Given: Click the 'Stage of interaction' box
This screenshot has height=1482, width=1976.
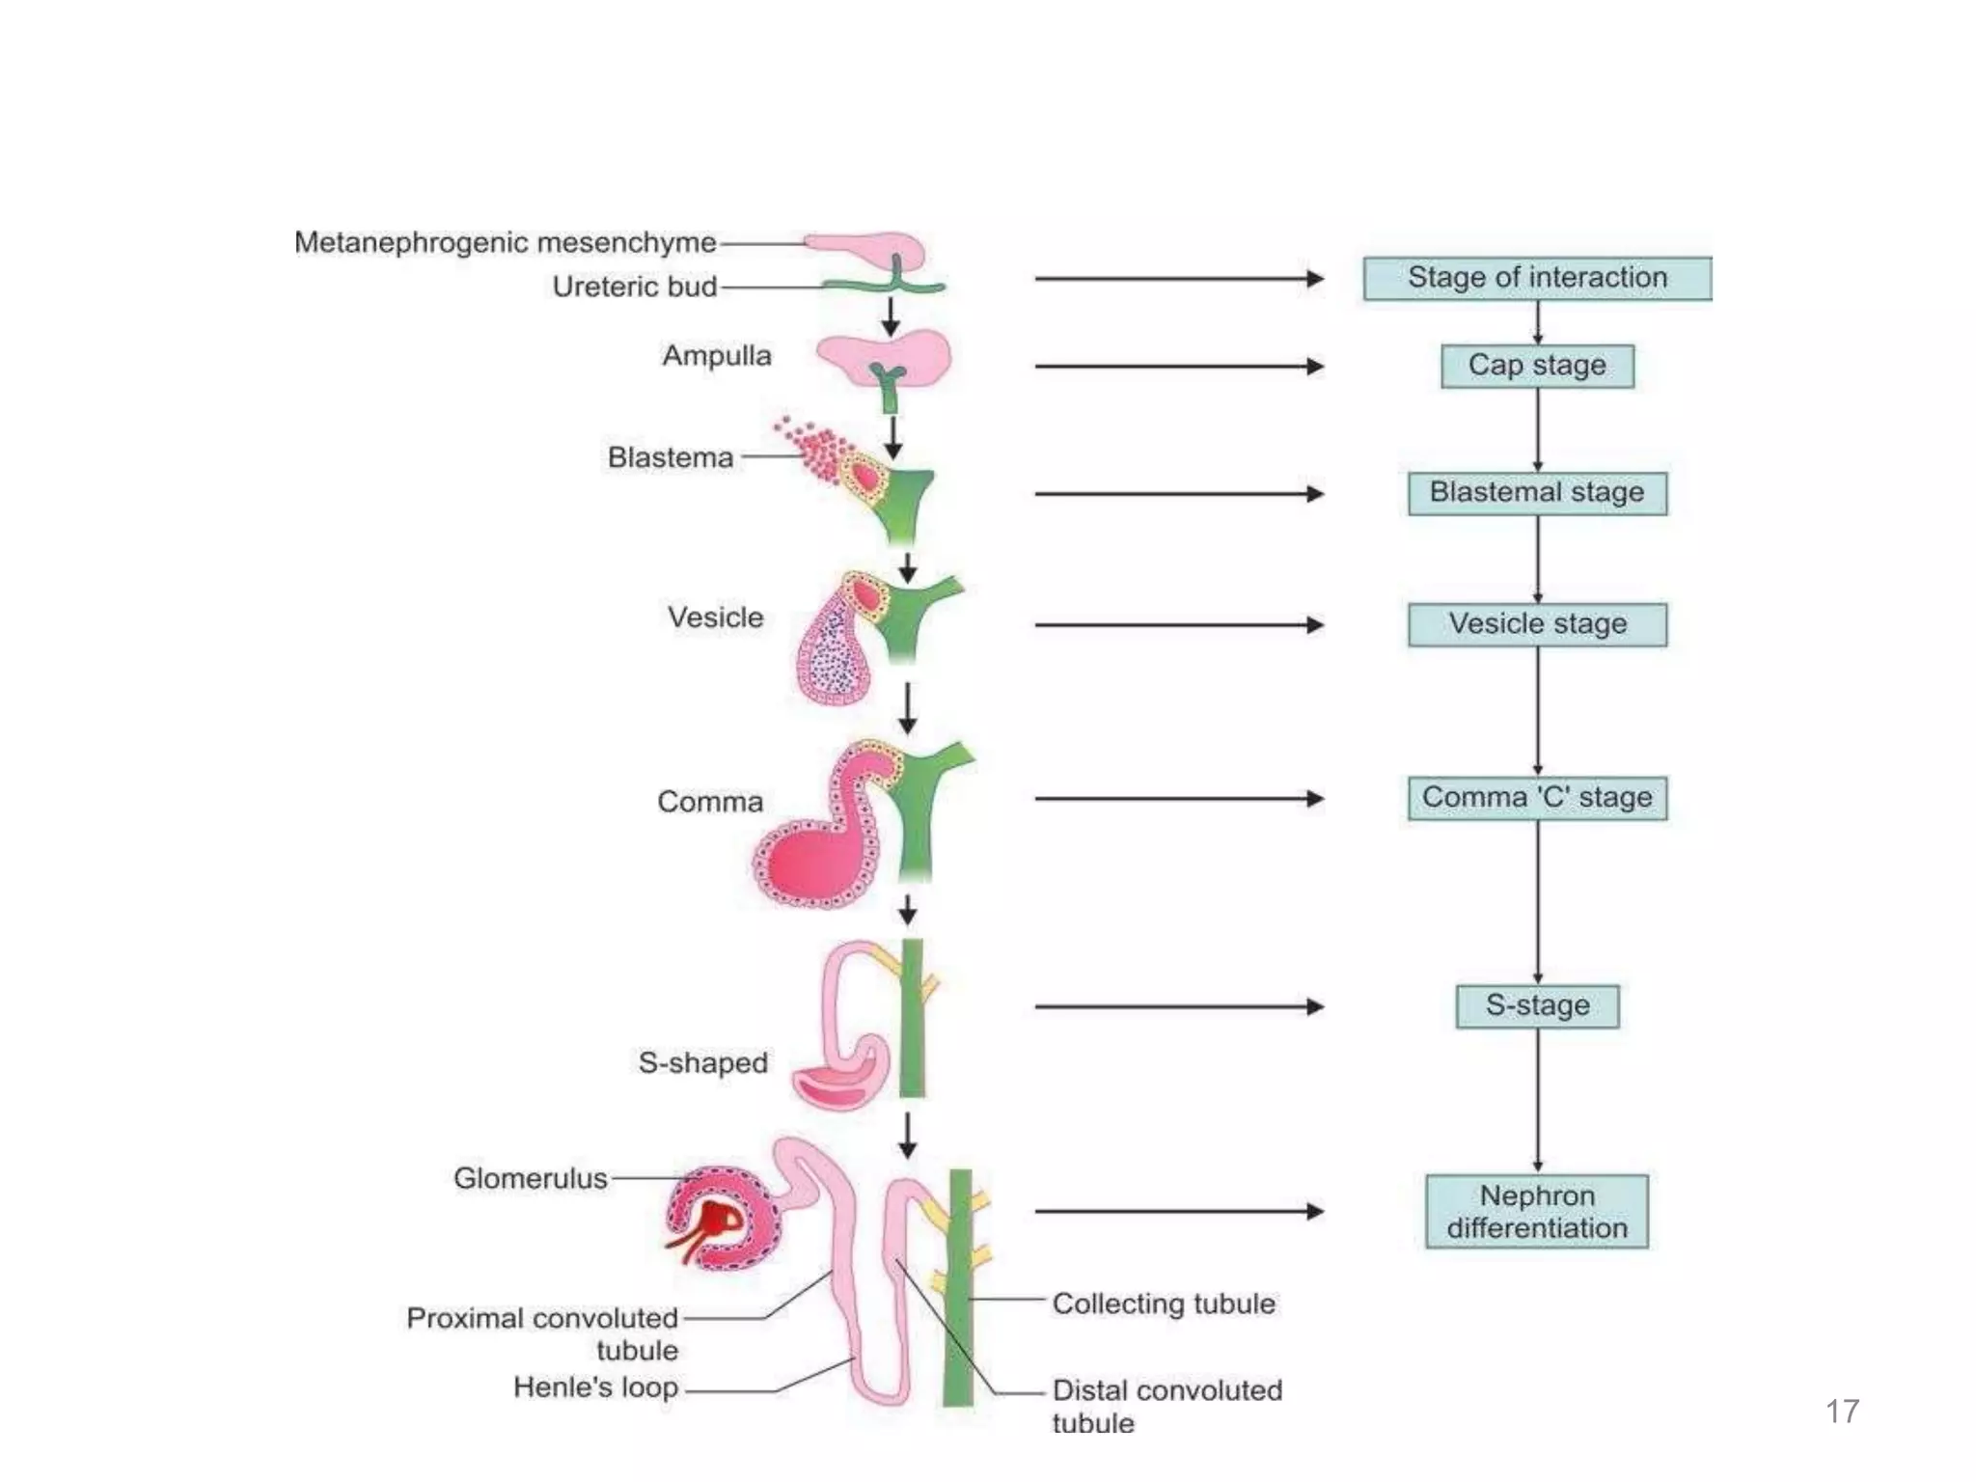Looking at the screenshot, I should tap(1537, 278).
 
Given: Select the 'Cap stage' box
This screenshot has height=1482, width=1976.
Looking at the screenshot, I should tap(1537, 366).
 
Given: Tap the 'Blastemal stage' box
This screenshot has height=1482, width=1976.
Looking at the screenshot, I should tap(1537, 493).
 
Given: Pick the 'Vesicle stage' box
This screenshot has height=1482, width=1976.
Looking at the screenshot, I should tap(1537, 624).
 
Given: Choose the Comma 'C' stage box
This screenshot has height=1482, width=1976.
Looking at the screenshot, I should tap(1537, 798).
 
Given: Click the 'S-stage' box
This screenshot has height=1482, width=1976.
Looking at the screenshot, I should tap(1537, 1006).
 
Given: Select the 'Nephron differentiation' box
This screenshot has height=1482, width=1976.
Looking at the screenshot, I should tap(1537, 1212).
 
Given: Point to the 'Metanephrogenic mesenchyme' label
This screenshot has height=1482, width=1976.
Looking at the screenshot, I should tap(505, 242).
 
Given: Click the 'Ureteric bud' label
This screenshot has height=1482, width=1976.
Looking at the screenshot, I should tap(634, 287).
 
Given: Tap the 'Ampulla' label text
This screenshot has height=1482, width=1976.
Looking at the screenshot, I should tap(716, 356).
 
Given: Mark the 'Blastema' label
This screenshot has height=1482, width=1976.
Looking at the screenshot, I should tap(671, 457).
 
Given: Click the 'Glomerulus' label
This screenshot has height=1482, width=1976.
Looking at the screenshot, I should tap(531, 1178).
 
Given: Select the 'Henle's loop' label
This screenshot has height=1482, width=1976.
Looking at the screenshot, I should tap(595, 1387).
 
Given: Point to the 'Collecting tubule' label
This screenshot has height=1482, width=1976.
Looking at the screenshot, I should tap(1164, 1304).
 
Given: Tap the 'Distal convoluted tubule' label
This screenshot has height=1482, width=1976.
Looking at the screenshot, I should tap(1166, 1406).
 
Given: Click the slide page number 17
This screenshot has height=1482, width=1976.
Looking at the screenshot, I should tap(1842, 1412).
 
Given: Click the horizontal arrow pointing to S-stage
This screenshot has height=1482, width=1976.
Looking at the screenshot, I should tap(1177, 1006).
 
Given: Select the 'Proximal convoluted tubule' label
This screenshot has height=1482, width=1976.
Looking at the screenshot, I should tap(542, 1333).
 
